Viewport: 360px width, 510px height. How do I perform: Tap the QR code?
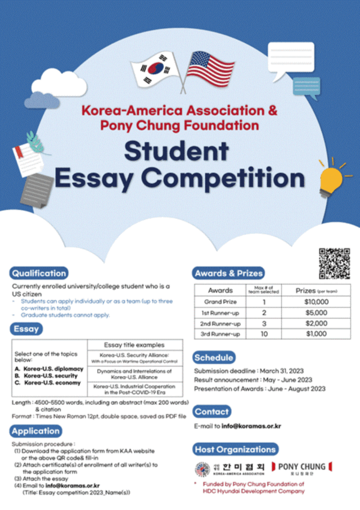[334, 263]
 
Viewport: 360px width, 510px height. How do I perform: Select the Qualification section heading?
[39, 273]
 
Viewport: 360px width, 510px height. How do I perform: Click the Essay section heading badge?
[26, 328]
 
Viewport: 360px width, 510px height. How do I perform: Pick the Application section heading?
[35, 431]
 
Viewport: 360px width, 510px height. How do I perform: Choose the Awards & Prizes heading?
[229, 273]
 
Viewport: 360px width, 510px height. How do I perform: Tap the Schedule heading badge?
[214, 358]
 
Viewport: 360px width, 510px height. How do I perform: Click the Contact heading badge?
[212, 412]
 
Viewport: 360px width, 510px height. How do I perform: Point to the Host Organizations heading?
[236, 449]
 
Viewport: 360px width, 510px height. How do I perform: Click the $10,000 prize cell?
[316, 302]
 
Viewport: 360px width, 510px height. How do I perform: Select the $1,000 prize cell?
[316, 334]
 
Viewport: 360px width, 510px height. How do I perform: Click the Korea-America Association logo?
[230, 469]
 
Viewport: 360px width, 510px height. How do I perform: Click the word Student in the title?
[180, 151]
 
